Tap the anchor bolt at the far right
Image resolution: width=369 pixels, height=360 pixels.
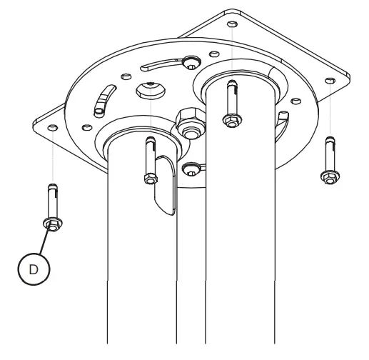click(x=328, y=161)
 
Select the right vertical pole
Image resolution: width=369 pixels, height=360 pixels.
click(x=239, y=236)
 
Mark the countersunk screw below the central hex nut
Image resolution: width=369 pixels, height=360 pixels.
click(x=189, y=169)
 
